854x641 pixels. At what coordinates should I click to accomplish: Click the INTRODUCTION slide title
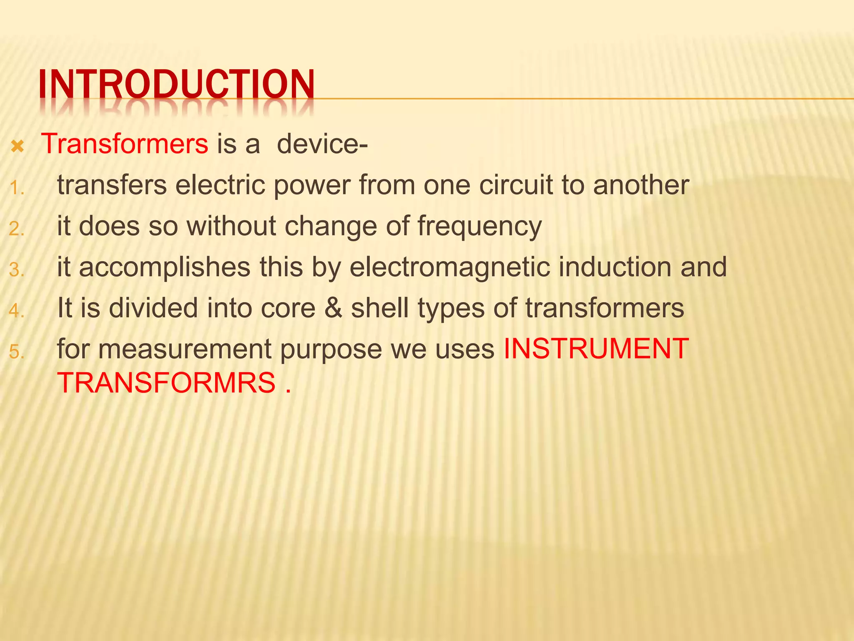point(176,85)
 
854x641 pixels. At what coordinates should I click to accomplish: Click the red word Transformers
point(125,144)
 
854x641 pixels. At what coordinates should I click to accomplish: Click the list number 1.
point(17,188)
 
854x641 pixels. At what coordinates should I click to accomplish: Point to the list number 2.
point(17,229)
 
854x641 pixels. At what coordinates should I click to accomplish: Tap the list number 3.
point(17,270)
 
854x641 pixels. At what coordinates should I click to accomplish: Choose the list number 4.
point(17,311)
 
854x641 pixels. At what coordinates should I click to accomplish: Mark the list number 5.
point(17,352)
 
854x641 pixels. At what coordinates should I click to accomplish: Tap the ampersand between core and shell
point(333,308)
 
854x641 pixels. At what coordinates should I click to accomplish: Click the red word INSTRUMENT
point(596,348)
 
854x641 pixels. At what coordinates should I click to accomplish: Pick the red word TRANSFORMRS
point(166,383)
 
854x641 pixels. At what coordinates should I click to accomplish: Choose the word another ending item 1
point(641,185)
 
